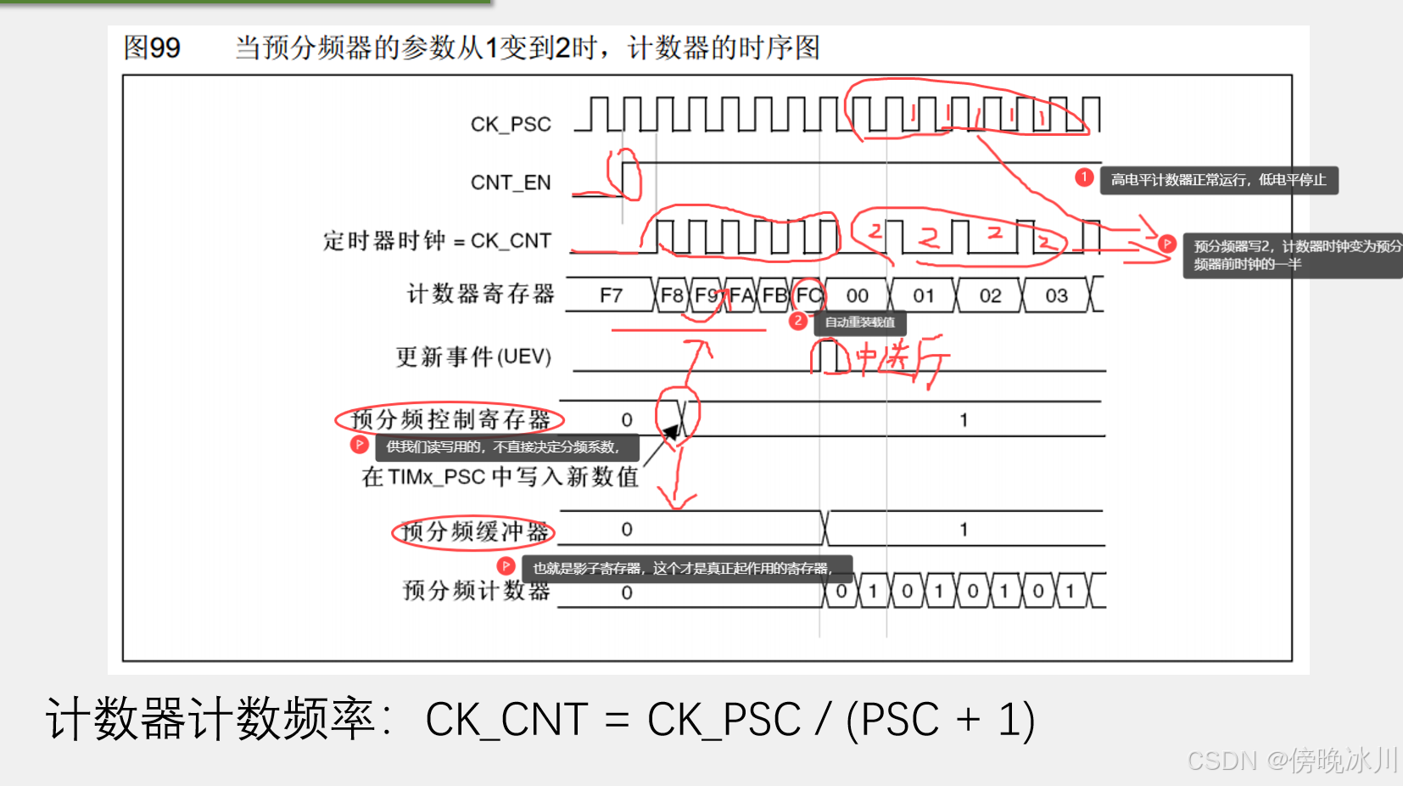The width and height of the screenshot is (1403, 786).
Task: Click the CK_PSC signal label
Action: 511,124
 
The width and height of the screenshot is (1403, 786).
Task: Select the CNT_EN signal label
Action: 511,182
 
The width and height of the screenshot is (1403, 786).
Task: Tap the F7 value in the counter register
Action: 611,295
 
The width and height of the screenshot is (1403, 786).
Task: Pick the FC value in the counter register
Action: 808,295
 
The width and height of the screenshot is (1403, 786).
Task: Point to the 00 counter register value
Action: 857,295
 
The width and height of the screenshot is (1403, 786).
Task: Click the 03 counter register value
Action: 1056,295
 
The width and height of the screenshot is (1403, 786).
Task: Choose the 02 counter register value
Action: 990,295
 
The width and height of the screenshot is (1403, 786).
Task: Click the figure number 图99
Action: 152,48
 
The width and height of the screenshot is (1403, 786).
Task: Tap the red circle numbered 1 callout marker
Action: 1083,177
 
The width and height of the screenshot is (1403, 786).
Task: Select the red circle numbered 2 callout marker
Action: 797,321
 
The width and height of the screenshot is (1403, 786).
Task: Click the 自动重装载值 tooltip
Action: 860,323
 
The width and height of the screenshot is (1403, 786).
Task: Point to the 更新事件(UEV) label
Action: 473,357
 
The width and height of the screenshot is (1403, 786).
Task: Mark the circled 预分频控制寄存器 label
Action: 450,419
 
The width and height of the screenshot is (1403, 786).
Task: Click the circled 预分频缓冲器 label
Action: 474,532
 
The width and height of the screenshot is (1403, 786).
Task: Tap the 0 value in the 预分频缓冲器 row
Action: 627,530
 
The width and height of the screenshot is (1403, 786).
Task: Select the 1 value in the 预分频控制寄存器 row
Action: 964,420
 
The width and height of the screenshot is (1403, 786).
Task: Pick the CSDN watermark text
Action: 1292,760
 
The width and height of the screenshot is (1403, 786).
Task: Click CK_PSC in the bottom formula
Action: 724,720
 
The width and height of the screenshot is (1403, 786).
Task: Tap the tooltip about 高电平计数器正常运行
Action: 1218,180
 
